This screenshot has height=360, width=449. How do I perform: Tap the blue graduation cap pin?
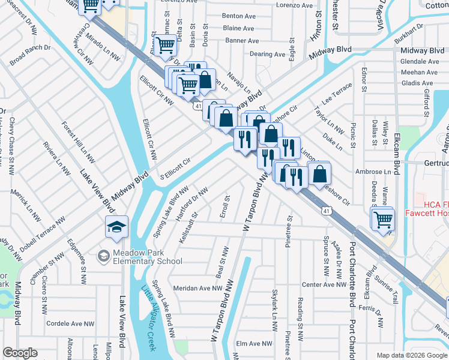point(116,227)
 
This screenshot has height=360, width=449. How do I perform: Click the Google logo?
point(20,353)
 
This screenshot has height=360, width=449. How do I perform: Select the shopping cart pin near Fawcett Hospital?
point(382,219)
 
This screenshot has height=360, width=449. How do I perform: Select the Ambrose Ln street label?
point(374,172)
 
